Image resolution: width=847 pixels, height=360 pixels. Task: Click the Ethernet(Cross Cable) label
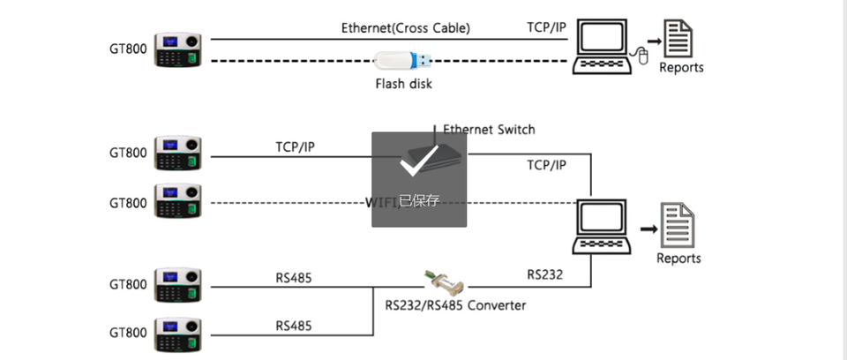coord(406,27)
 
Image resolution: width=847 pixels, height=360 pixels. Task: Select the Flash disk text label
coord(404,85)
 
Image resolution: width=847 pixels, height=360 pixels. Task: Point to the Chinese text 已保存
coord(419,201)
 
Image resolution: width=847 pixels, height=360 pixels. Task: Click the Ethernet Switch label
coord(489,129)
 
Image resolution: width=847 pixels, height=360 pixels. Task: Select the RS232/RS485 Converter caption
coord(455,305)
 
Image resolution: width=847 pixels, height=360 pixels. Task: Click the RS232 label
coord(545,274)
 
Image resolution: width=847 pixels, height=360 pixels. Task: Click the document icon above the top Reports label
coord(678,38)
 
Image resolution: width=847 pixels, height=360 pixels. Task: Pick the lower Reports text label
coord(678,259)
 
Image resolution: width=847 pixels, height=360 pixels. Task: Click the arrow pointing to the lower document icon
coord(648,229)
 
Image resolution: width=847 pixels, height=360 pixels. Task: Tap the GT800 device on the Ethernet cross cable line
coord(181,50)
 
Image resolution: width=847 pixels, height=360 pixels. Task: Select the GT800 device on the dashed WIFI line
coord(181,202)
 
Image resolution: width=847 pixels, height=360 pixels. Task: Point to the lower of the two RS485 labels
coord(294,325)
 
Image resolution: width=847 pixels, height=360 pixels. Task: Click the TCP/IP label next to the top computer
coord(546,27)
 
